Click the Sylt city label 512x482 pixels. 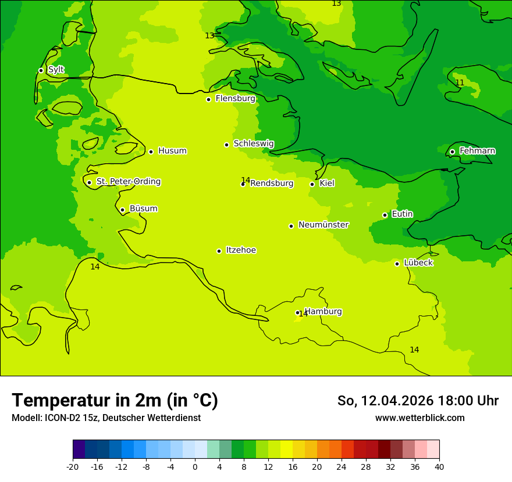click(x=56, y=70)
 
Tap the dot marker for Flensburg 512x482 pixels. click(x=208, y=99)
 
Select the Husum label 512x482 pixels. click(x=172, y=151)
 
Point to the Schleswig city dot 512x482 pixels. click(x=226, y=145)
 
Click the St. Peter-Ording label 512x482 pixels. click(x=129, y=182)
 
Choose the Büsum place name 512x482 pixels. click(x=143, y=208)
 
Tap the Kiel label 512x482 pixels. click(x=327, y=184)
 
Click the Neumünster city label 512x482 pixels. click(x=323, y=225)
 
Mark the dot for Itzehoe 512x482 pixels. click(x=219, y=251)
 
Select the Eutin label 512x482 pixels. click(x=402, y=214)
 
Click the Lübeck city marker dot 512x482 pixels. click(x=397, y=264)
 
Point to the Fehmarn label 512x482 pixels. click(x=477, y=151)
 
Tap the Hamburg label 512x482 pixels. click(x=323, y=311)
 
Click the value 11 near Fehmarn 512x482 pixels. click(x=460, y=83)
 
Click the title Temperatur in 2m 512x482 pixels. click(x=115, y=400)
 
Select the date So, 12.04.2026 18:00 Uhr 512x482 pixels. click(x=418, y=401)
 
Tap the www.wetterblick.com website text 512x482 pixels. click(x=419, y=418)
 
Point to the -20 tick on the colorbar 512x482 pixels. click(x=73, y=466)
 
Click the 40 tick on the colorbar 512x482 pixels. click(x=439, y=466)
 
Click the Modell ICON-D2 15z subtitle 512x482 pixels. click(x=106, y=418)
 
